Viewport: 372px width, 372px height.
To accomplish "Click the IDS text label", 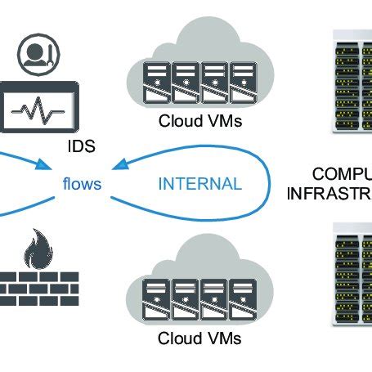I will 82,148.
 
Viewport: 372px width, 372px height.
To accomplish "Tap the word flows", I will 82,183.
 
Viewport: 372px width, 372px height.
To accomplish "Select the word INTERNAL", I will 201,183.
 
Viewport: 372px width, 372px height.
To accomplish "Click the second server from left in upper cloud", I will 183,83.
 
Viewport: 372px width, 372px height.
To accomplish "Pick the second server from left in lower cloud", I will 183,298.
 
